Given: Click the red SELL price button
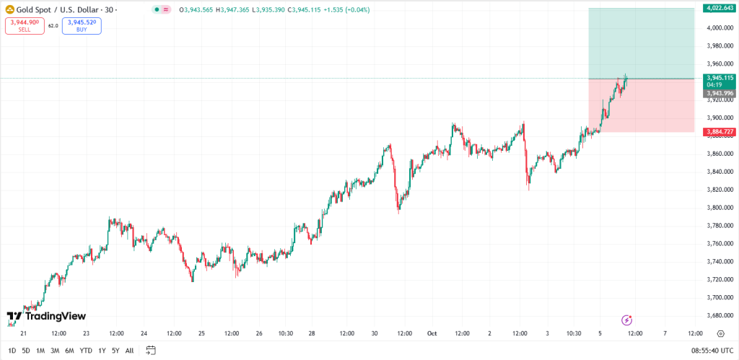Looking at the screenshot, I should [x=24, y=26].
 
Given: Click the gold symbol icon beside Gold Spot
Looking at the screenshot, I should [x=10, y=10].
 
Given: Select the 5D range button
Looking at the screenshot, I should [x=26, y=351].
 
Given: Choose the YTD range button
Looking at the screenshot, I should [x=85, y=351].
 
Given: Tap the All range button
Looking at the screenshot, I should [x=129, y=351].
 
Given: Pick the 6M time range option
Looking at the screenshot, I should [x=69, y=351].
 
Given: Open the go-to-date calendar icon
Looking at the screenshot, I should [x=151, y=351].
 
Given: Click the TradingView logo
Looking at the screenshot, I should [x=46, y=316].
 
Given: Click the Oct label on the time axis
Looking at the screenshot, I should [x=432, y=333].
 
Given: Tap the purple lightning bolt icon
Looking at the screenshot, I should [x=627, y=320].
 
